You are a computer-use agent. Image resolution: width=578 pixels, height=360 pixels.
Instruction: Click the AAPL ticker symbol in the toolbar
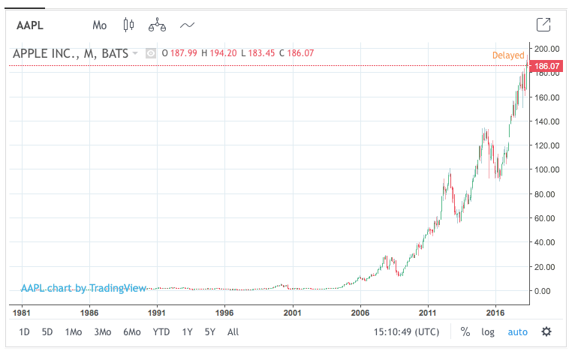(x=30, y=25)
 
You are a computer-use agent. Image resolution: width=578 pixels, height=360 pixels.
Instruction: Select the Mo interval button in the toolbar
(x=100, y=25)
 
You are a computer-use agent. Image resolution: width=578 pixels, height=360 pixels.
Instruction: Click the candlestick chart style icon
(x=128, y=25)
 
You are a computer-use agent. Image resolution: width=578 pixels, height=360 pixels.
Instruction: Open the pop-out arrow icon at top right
(x=544, y=25)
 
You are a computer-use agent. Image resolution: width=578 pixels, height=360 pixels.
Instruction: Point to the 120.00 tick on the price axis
(x=546, y=145)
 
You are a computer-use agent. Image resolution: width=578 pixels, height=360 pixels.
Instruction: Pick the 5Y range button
(x=210, y=331)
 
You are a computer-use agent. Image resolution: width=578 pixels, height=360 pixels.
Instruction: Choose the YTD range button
(x=161, y=331)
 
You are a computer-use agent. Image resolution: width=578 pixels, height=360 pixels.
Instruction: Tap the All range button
(x=233, y=331)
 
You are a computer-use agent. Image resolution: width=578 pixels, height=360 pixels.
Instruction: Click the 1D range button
(x=25, y=331)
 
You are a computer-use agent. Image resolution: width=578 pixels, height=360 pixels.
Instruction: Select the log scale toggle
(x=488, y=331)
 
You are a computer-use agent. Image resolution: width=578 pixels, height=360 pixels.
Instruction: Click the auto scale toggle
(x=518, y=331)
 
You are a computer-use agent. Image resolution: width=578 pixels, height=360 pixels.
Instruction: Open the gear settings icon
(x=546, y=331)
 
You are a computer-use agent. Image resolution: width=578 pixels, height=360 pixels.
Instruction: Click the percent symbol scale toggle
(x=465, y=331)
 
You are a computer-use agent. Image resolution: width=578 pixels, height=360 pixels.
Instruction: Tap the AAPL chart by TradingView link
(x=83, y=288)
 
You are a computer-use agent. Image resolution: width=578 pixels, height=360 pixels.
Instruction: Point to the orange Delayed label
(x=508, y=55)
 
